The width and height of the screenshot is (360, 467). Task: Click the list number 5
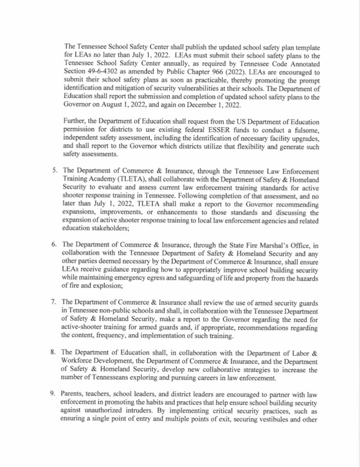(x=54, y=171)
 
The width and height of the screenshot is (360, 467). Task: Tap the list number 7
(x=54, y=301)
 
